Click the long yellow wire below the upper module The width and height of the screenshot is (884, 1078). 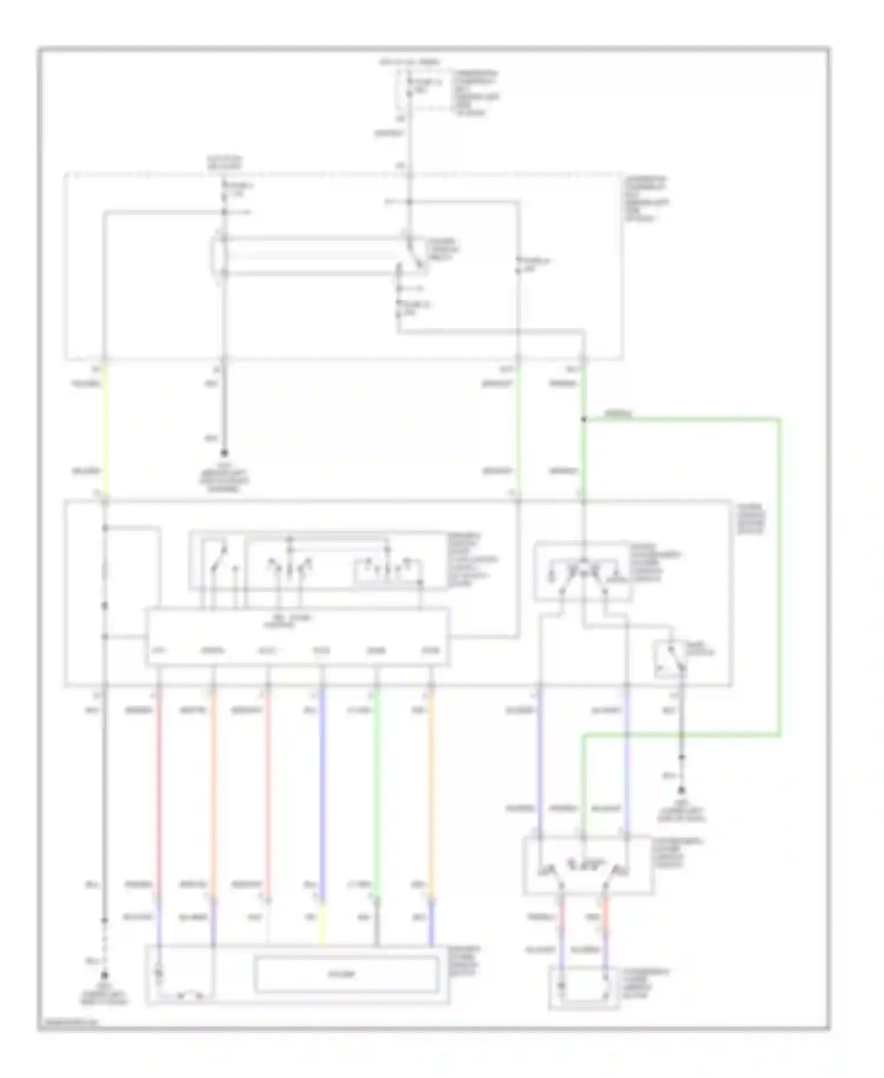tap(105, 430)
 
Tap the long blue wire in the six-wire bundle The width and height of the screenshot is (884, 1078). tap(322, 790)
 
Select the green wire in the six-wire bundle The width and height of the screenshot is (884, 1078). tap(377, 790)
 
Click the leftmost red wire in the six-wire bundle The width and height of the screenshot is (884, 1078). tap(159, 790)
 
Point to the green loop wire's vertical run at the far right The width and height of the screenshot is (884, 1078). tap(780, 578)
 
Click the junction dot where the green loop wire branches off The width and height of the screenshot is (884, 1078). tap(583, 420)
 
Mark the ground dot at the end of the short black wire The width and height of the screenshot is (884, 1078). tap(224, 453)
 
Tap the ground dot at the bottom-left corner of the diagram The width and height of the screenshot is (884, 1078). tap(105, 975)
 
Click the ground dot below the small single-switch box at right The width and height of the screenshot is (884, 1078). tap(681, 790)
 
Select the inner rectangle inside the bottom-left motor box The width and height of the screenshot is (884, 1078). tap(347, 974)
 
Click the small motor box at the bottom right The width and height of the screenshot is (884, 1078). tap(583, 987)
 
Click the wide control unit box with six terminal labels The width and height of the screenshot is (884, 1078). tap(298, 637)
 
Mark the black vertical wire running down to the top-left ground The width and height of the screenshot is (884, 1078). tap(224, 407)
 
